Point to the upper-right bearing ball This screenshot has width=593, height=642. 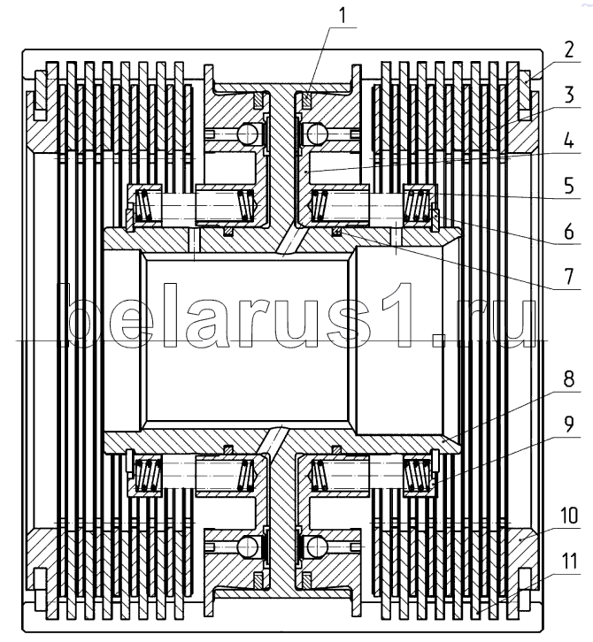click(315, 134)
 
